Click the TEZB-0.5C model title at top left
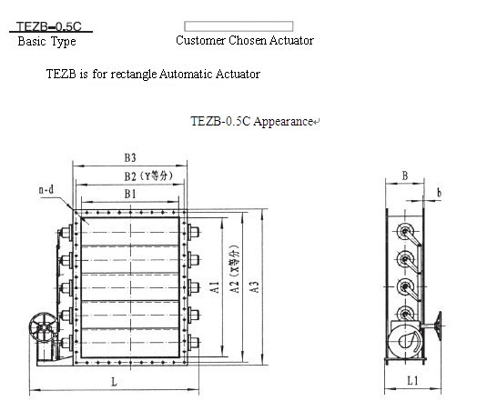point(49,26)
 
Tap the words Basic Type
point(46,41)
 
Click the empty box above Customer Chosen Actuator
point(238,26)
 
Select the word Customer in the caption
point(200,40)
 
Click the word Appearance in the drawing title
point(283,121)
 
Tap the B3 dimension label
point(130,157)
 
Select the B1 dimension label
point(130,194)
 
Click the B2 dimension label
point(130,176)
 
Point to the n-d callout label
point(46,190)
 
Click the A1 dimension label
point(215,287)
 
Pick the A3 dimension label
point(254,287)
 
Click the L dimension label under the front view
point(115,382)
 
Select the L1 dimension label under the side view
point(412,380)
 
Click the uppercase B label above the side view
point(405,175)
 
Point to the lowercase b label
point(439,193)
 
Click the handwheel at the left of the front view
point(43,327)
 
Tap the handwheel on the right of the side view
point(439,325)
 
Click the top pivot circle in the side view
point(404,232)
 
